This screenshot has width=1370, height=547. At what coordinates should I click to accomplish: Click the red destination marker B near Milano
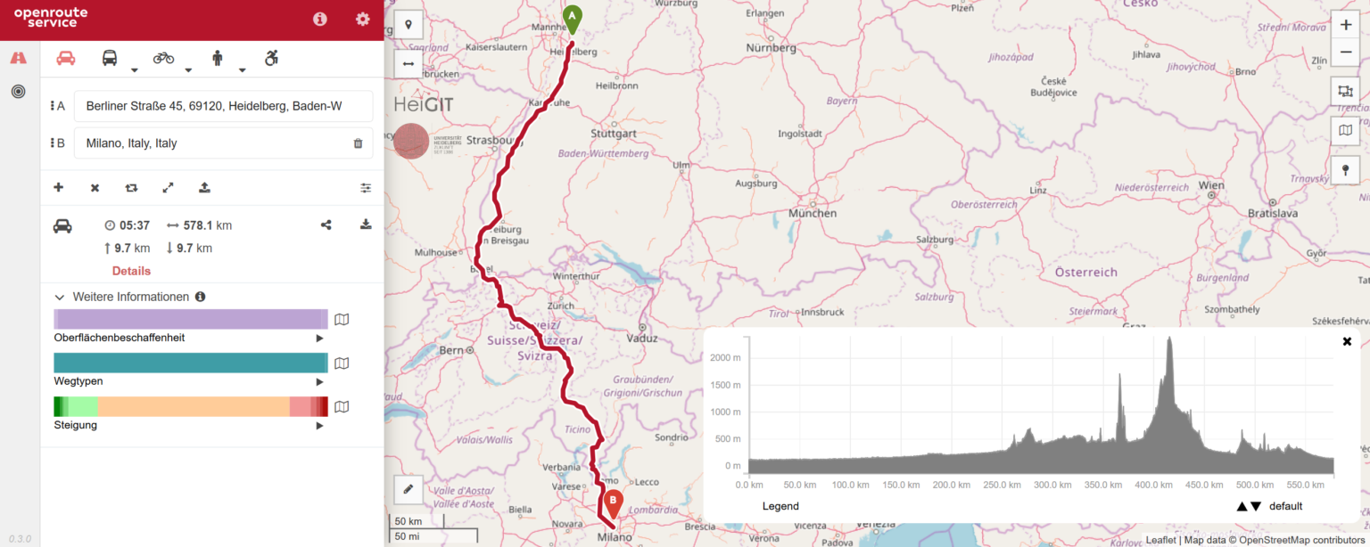click(x=614, y=502)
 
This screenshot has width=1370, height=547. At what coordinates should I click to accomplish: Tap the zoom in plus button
click(x=1345, y=25)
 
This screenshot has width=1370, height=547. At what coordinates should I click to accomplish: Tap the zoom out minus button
click(x=1345, y=53)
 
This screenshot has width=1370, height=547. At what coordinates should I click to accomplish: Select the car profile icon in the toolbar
click(x=66, y=58)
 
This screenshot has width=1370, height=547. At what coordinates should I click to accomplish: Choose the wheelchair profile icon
click(x=271, y=58)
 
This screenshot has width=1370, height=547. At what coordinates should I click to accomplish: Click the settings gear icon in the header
click(x=362, y=19)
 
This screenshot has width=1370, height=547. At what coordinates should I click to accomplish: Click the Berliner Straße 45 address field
click(x=223, y=106)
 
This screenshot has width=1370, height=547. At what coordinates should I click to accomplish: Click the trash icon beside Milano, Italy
click(x=358, y=143)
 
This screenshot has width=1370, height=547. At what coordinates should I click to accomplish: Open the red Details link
click(x=131, y=271)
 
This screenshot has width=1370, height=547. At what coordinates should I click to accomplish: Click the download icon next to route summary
click(x=366, y=225)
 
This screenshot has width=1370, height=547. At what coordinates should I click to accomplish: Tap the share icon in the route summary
click(x=326, y=225)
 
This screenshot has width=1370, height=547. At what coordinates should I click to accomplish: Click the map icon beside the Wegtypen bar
click(x=342, y=363)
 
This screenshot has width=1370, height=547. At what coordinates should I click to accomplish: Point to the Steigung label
click(x=76, y=425)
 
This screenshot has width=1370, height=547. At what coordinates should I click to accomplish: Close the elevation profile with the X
click(x=1347, y=341)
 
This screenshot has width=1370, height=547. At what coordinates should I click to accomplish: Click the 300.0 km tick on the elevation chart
click(x=1052, y=485)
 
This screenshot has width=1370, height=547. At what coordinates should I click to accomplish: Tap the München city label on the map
click(x=813, y=214)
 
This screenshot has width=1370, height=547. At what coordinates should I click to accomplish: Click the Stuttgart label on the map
click(x=614, y=134)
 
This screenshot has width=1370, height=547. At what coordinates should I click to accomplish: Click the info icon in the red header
click(x=319, y=19)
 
